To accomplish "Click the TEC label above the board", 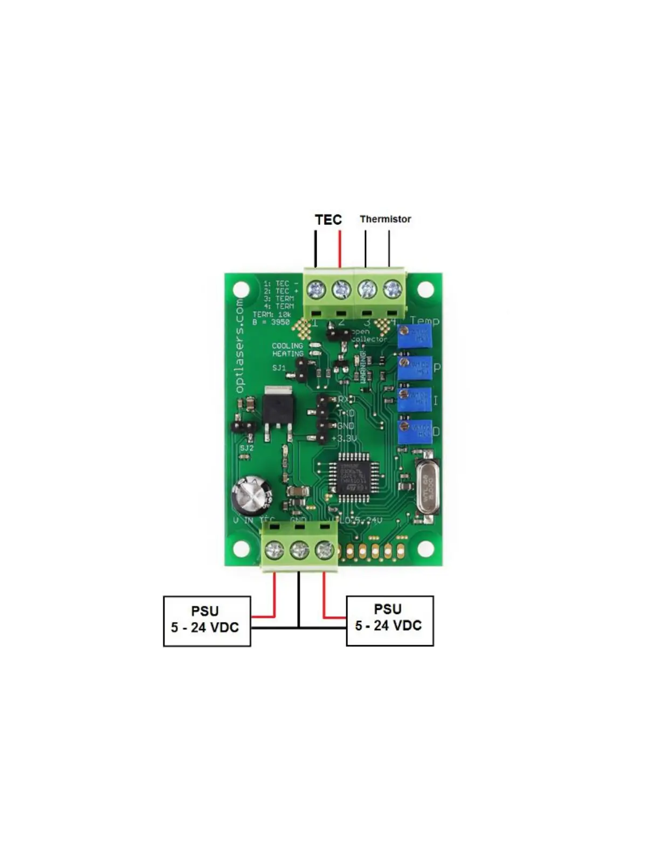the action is click(x=328, y=219).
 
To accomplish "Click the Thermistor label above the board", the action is click(x=385, y=219).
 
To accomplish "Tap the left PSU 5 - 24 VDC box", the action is click(x=207, y=621).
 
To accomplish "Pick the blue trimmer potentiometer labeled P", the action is click(x=415, y=368).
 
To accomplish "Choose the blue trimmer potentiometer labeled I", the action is click(x=415, y=400).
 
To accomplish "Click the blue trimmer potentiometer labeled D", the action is click(x=415, y=431).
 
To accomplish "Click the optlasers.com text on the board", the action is click(x=239, y=346).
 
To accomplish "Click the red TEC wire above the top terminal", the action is click(x=340, y=248).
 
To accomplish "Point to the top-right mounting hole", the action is click(x=425, y=290).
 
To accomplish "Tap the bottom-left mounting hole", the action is click(x=241, y=549).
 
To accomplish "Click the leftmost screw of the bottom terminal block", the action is click(x=274, y=550).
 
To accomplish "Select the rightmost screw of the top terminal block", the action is click(x=392, y=290).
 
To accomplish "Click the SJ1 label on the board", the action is click(x=279, y=368).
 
